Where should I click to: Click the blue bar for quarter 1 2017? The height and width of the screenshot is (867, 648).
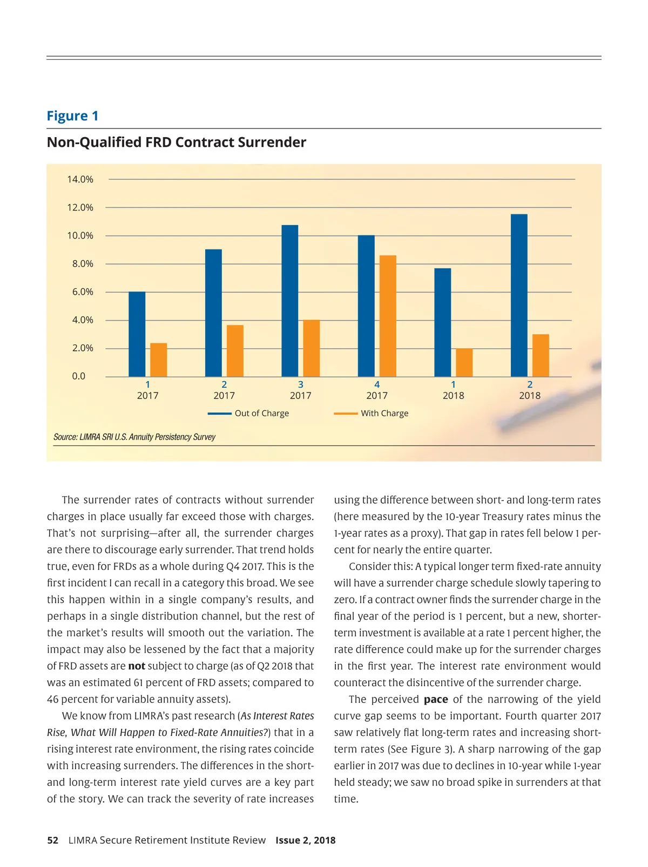[x=137, y=334]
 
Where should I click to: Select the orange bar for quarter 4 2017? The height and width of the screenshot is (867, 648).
[x=388, y=316]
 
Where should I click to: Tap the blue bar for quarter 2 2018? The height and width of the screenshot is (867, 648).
[x=519, y=295]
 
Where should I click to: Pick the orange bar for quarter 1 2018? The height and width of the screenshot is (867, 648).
[x=464, y=363]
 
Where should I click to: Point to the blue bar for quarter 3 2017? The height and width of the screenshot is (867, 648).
[x=290, y=301]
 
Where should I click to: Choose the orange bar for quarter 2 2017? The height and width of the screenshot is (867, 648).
[x=235, y=351]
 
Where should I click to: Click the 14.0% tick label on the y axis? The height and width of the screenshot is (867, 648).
[x=80, y=179]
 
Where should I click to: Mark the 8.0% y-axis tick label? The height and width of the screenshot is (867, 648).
[x=83, y=263]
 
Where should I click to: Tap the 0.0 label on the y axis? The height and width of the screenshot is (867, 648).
[x=79, y=376]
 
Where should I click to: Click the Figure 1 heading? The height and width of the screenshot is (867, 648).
[x=72, y=116]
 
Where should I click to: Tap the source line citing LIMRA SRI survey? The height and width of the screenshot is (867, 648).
[x=134, y=437]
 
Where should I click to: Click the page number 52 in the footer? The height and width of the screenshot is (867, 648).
[x=52, y=840]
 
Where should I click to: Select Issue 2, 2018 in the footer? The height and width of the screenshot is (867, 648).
[x=306, y=840]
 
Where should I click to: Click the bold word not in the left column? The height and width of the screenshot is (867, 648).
[x=137, y=666]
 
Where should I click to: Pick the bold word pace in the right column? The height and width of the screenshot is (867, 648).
[x=436, y=699]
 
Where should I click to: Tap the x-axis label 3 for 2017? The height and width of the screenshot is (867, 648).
[x=301, y=384]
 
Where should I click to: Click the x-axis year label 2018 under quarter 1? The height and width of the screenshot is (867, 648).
[x=454, y=396]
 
